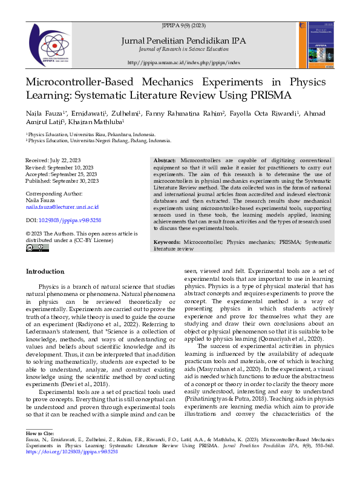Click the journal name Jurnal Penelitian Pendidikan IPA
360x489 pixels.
point(183,41)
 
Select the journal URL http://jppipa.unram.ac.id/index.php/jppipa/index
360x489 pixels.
point(184,63)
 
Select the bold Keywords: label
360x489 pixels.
point(168,258)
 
